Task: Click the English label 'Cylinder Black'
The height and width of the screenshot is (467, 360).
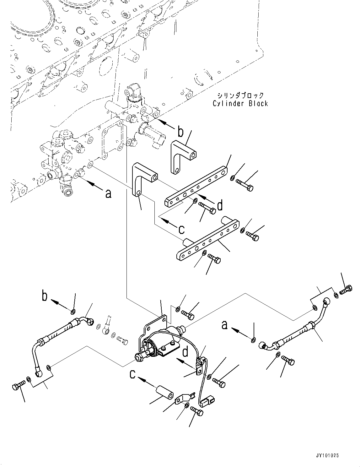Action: point(240,103)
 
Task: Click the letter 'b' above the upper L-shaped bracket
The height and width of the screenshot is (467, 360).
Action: point(180,132)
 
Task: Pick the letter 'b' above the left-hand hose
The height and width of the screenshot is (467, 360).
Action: point(45,296)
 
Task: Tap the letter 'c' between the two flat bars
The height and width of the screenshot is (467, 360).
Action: point(181,229)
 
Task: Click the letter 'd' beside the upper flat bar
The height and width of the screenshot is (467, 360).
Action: point(220,205)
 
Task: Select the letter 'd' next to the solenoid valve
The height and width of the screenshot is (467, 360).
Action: point(185,352)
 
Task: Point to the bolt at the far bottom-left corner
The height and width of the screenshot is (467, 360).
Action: point(18,387)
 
